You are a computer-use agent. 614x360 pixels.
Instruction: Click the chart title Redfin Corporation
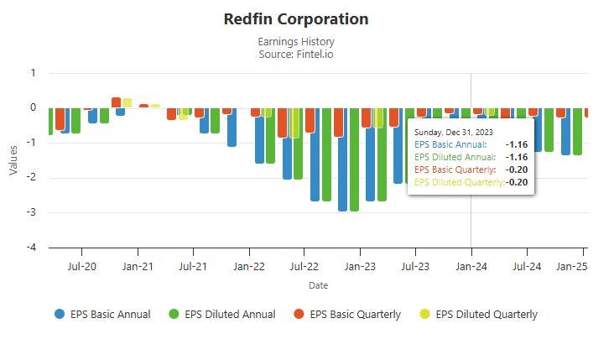[x=296, y=18]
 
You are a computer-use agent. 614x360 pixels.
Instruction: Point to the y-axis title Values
[x=13, y=160]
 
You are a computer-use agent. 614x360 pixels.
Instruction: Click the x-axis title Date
[x=318, y=285]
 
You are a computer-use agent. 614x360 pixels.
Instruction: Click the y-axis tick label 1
[x=33, y=73]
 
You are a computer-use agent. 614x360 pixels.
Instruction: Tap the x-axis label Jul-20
[x=81, y=267]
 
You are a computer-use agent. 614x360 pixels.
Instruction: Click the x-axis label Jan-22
[x=249, y=267]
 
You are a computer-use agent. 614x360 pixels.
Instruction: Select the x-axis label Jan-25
[x=573, y=267]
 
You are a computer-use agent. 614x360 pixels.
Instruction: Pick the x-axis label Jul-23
[x=415, y=267]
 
